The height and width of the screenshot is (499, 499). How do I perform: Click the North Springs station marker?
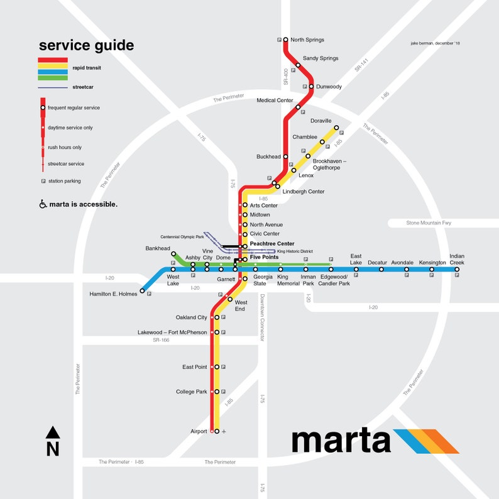(x=285, y=40)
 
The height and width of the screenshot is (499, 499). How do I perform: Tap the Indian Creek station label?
(x=457, y=259)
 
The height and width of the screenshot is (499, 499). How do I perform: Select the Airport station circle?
(x=217, y=431)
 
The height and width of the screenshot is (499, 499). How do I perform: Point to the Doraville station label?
(x=321, y=121)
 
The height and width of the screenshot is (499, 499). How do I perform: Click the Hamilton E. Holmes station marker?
(x=143, y=291)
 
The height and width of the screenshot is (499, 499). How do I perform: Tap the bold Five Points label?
(x=264, y=257)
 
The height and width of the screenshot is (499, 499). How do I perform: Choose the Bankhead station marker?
(x=173, y=255)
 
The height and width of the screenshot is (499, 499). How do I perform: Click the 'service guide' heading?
(x=86, y=45)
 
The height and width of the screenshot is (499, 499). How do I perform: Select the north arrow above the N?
(x=53, y=432)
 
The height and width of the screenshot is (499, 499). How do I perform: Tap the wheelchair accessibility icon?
(x=43, y=204)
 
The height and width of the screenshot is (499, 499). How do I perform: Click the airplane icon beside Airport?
(x=224, y=432)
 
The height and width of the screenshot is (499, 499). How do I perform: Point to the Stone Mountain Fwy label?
(x=429, y=223)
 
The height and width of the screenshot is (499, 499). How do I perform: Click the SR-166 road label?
(x=161, y=340)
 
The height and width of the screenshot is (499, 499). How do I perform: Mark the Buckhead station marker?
(x=285, y=156)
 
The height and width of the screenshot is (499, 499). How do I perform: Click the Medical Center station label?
(x=275, y=101)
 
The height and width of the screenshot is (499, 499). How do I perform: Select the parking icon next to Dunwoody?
(x=305, y=87)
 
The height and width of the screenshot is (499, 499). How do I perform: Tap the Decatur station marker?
(x=381, y=270)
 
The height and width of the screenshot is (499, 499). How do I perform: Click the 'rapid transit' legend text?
(x=87, y=68)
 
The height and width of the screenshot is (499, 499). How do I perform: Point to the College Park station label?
(x=191, y=392)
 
